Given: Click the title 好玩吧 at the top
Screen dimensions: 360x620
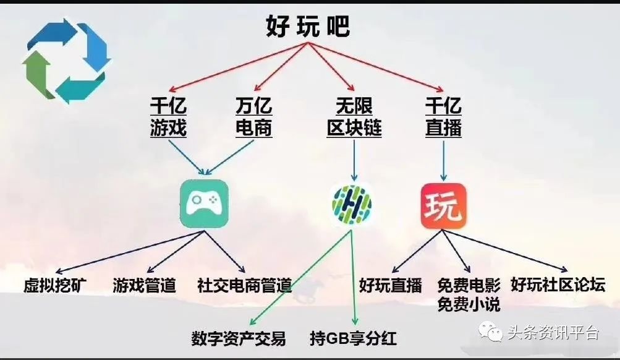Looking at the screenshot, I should point(307,26).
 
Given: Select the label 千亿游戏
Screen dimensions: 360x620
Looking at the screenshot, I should point(168,117).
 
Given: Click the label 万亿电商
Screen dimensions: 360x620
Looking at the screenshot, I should point(253,117).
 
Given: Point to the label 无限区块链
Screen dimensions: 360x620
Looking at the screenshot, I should point(354,117).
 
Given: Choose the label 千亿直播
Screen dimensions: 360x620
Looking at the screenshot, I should point(443,117).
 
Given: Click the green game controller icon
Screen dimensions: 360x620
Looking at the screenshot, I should point(204,204).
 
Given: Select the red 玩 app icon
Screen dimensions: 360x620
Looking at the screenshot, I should point(443,205).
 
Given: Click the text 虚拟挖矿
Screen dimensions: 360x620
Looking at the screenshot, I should point(55,286).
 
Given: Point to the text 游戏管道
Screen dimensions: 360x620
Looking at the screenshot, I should point(145,286).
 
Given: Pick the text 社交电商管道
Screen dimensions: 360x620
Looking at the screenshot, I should point(244,286).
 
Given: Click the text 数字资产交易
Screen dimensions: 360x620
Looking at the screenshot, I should point(239,338).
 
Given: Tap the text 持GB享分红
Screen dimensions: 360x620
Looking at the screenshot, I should point(353,338).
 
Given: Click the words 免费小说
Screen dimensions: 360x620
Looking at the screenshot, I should point(469,304).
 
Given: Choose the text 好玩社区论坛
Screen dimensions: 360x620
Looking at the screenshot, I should point(557,285).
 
